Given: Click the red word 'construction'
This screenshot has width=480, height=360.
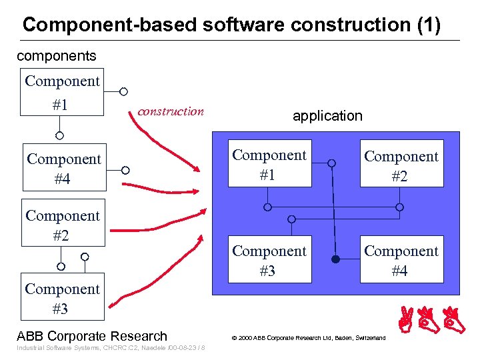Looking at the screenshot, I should (171, 111).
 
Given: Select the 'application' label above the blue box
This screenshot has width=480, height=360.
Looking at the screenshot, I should (327, 115).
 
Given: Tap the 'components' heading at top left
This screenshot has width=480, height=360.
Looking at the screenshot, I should (56, 56).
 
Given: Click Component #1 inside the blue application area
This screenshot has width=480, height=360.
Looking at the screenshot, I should (269, 165).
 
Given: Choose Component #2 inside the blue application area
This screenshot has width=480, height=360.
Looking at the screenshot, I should (401, 165).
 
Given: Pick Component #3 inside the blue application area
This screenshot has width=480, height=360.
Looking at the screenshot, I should (269, 260).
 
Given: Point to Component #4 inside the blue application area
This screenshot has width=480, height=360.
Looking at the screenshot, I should (401, 260).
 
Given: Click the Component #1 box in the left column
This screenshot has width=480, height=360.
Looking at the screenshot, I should (62, 93).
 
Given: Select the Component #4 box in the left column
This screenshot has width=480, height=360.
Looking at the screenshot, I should (63, 169).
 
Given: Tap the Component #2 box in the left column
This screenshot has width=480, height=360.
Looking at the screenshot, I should (63, 225).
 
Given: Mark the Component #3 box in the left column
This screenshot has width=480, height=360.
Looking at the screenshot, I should (62, 298).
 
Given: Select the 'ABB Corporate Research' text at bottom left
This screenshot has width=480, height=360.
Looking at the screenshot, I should (92, 336).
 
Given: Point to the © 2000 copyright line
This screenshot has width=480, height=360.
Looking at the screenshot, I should (308, 338).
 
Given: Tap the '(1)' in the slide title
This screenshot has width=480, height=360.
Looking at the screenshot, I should (427, 25).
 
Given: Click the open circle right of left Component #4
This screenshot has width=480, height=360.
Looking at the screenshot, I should (124, 170).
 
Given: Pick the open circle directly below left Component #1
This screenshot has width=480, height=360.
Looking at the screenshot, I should (59, 135).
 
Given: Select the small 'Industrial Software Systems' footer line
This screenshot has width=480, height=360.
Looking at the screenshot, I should (110, 349).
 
